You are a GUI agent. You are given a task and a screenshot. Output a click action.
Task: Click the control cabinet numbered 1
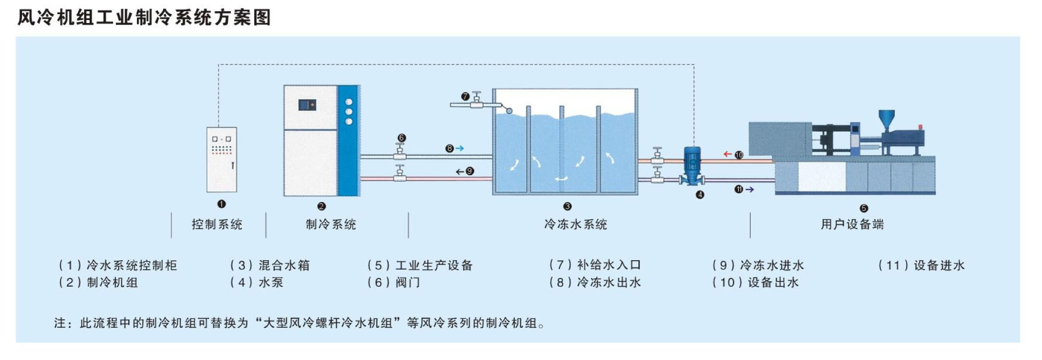222,159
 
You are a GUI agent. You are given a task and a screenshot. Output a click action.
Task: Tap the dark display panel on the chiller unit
307,105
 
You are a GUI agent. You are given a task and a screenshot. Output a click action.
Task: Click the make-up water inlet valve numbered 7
477,100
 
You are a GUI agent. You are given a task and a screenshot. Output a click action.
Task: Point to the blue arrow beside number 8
460,148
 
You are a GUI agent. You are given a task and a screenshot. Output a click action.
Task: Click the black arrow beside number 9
460,171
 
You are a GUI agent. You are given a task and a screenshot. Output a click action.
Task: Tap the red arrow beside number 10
728,154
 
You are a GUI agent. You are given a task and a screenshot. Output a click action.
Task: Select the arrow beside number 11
749,189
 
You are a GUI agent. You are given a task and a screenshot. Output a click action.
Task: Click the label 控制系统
217,225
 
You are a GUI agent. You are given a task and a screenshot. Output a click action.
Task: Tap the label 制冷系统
331,225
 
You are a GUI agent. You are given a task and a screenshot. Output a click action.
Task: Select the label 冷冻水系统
576,225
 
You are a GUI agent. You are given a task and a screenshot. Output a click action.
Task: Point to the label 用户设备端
852,225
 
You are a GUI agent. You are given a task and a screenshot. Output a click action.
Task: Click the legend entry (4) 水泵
257,283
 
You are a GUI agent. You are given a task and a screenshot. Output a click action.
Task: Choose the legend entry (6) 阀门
394,283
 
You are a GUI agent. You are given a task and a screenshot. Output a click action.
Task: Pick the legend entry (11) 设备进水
921,266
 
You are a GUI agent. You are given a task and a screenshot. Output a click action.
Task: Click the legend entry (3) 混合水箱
270,266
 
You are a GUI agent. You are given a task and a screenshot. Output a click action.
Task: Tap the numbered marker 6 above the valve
401,138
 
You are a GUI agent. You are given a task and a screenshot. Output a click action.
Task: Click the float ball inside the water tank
509,111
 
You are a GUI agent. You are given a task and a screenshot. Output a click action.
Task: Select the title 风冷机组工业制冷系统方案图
144,18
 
